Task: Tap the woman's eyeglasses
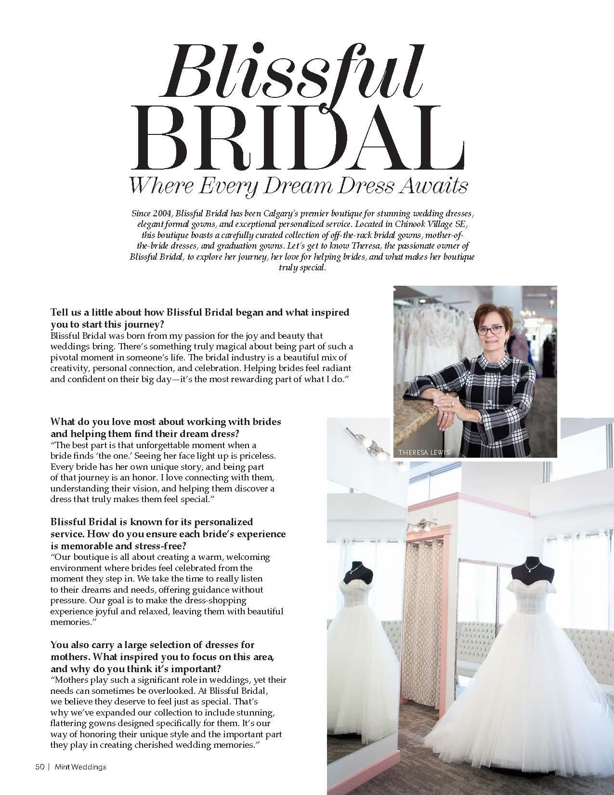pos(488,331)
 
